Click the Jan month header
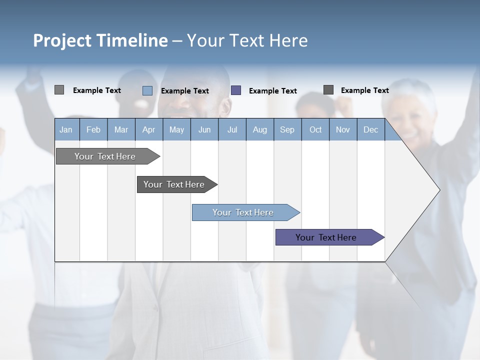click(66, 129)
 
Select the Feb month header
click(93, 129)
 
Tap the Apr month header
click(148, 129)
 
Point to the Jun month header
click(204, 129)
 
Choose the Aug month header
click(259, 129)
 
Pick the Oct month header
click(315, 129)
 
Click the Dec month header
click(370, 129)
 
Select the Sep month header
click(287, 129)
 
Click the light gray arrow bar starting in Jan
click(105, 156)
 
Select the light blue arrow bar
click(243, 212)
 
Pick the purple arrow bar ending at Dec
click(326, 237)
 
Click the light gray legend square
click(59, 90)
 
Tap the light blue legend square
click(147, 90)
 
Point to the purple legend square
click(236, 90)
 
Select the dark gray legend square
click(328, 89)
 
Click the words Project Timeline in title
click(100, 40)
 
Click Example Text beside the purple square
click(272, 90)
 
